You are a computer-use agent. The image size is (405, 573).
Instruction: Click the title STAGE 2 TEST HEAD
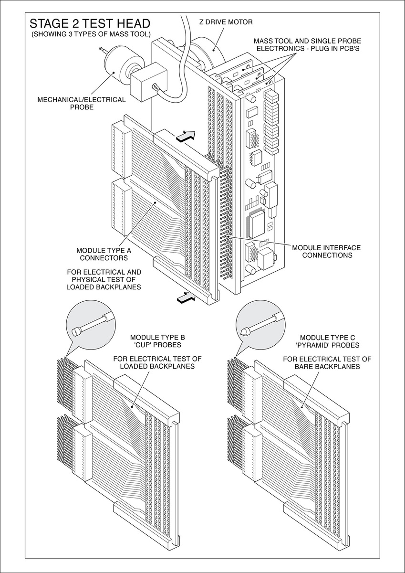[90, 23]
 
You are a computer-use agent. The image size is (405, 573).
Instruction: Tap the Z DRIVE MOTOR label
[225, 22]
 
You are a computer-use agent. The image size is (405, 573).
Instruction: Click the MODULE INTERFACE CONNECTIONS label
[326, 251]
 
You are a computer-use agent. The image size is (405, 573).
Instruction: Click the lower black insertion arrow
[186, 298]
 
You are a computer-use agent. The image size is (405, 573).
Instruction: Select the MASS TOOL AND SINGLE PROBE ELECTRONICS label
[304, 45]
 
